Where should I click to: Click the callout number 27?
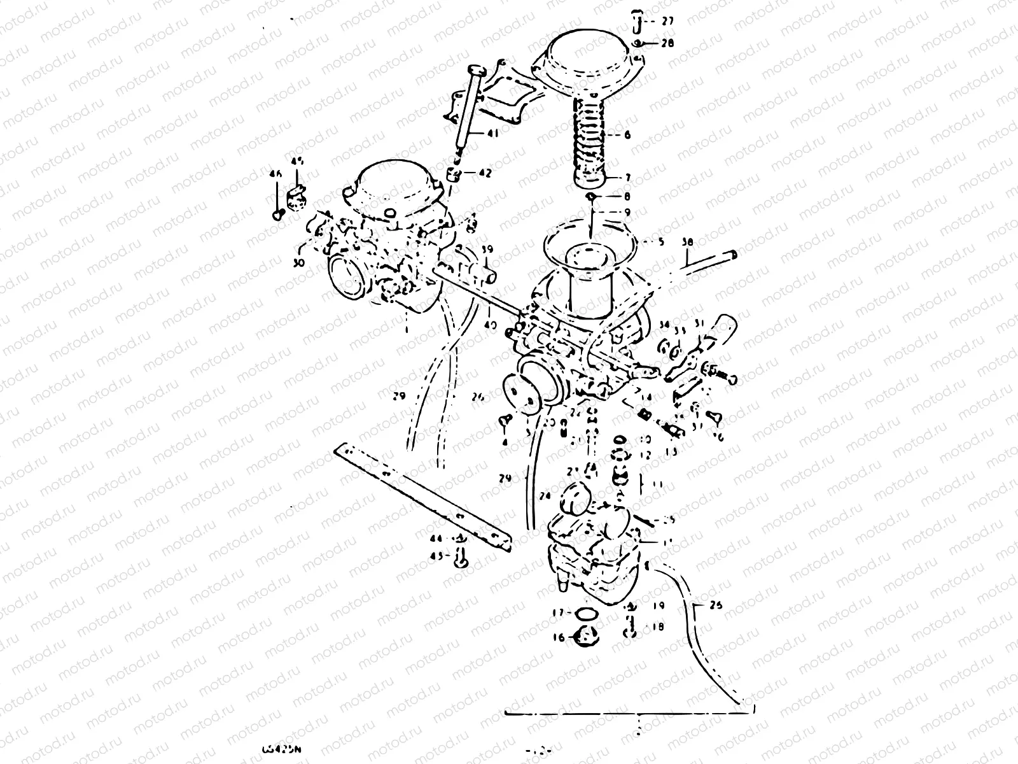[x=667, y=21]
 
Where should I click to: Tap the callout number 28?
[x=667, y=43]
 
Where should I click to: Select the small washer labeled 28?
[x=639, y=43]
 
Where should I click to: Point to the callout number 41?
[x=492, y=134]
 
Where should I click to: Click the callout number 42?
[x=485, y=173]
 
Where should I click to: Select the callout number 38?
[x=687, y=242]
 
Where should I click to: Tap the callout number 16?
[x=558, y=637]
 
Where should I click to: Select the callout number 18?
[x=657, y=627]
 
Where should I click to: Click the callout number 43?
[x=436, y=556]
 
